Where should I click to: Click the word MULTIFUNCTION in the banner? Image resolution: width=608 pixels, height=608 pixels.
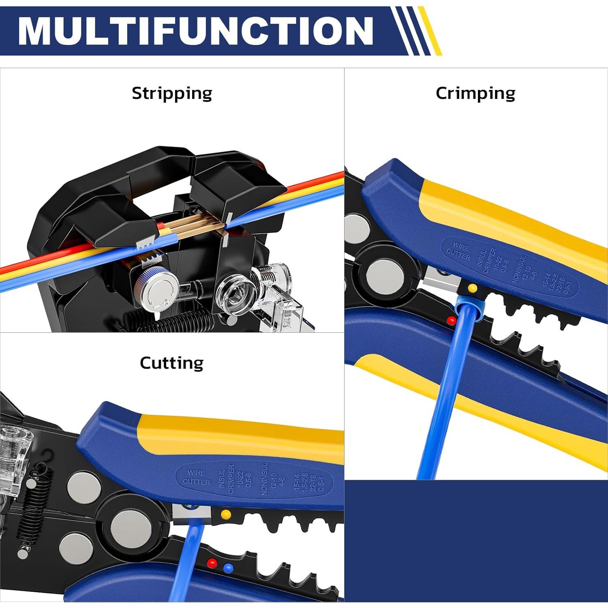195,31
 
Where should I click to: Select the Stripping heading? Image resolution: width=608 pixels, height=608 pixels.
172,93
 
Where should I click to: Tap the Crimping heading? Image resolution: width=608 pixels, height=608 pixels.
475,93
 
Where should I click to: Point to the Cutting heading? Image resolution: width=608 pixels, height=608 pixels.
171,363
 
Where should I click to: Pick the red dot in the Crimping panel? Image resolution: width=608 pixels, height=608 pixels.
451,321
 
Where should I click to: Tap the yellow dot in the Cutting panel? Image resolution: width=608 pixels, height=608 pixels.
226,514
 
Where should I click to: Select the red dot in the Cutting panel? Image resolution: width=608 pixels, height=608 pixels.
211,563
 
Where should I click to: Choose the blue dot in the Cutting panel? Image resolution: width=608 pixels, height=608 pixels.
229,568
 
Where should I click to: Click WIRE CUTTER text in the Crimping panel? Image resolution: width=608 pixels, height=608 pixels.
459,251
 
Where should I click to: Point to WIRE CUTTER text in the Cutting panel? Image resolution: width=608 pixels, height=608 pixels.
197,477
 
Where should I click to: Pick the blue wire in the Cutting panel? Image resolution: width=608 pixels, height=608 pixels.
184,567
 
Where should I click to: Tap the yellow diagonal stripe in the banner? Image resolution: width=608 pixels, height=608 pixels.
430,31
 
